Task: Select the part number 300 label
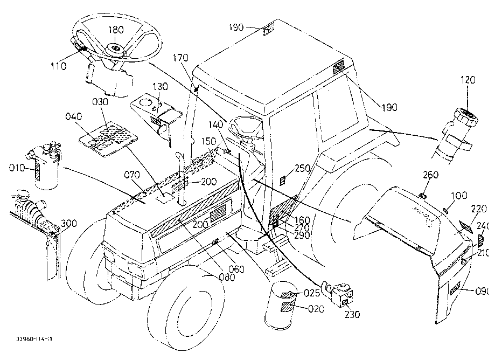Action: pyautogui.click(x=69, y=223)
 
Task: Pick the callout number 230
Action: pyautogui.click(x=352, y=315)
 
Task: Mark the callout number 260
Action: pyautogui.click(x=431, y=175)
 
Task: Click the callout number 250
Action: pyautogui.click(x=303, y=169)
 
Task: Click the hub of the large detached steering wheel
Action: pyautogui.click(x=115, y=48)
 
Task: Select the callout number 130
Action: pyautogui.click(x=160, y=86)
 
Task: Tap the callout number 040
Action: pyautogui.click(x=74, y=117)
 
